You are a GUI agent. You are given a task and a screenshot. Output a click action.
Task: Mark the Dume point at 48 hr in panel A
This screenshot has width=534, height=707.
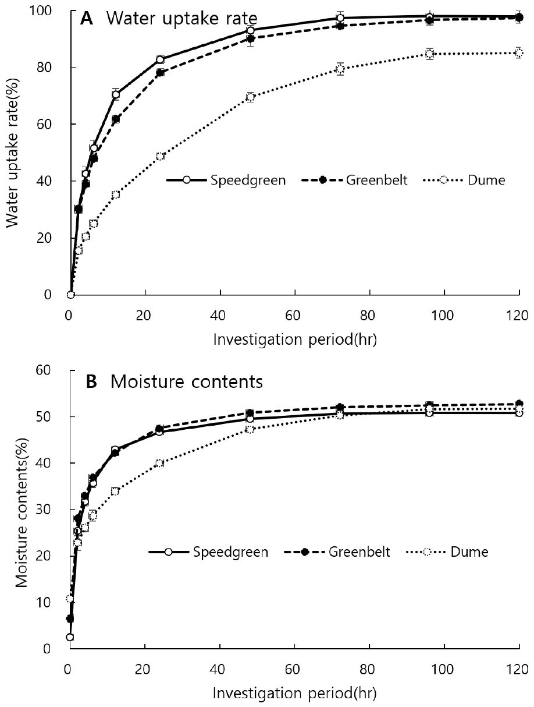pos(250,97)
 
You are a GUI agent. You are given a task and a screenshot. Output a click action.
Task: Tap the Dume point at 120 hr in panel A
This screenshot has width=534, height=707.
pos(519,53)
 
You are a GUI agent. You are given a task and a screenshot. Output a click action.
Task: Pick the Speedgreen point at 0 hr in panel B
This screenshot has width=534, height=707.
pos(70,637)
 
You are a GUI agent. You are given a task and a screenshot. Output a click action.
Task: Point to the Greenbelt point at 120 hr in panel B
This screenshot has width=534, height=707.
pos(519,404)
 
